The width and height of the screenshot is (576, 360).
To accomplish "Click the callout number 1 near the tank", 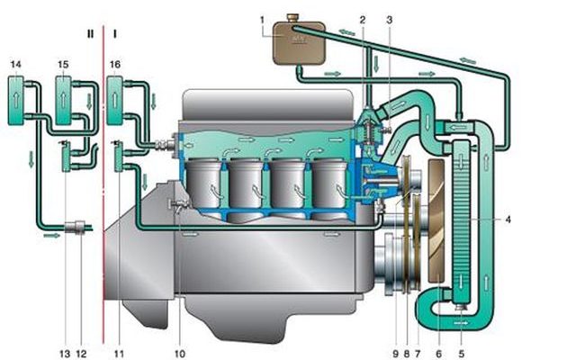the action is (262, 20).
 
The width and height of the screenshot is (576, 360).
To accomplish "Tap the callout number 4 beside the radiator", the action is (508, 220).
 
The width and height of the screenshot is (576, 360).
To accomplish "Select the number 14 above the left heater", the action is (15, 65).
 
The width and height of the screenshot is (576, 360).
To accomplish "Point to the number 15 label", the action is (63, 65).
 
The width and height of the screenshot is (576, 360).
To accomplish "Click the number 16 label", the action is (115, 65).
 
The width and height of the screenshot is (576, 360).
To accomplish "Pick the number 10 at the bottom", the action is (180, 354).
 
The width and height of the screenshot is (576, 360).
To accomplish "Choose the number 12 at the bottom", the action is (81, 354).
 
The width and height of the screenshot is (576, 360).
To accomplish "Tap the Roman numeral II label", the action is (90, 34).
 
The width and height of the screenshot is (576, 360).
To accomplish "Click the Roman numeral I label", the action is (115, 34).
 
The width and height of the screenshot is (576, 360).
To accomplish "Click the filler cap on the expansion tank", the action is (292, 17).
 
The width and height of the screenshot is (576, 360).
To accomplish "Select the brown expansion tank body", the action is (299, 42).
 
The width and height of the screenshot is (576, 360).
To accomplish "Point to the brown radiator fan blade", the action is (436, 221).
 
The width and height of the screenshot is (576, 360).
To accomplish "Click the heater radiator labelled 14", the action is (16, 100).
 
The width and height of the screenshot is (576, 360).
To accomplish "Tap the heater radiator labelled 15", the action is (63, 100).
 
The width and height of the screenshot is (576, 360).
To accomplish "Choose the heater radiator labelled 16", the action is (114, 100).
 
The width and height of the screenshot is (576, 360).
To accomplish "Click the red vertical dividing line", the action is (103, 184).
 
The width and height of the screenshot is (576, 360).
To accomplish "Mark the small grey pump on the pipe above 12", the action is (75, 227).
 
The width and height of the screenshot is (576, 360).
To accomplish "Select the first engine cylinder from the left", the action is (204, 184).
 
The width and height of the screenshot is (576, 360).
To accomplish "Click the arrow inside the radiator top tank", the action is (457, 128).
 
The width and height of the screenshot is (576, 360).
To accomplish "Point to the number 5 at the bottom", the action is (462, 354).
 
